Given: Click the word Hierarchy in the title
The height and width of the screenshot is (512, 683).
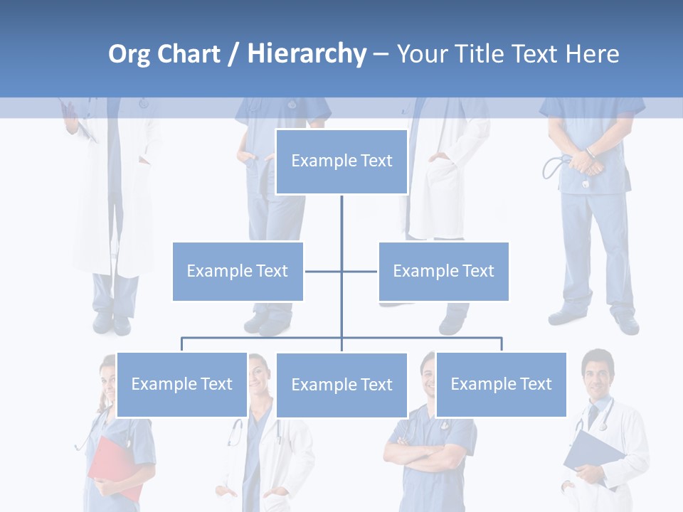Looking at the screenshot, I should coord(307,54).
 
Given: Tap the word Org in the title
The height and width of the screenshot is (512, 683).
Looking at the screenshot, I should coord(129,54).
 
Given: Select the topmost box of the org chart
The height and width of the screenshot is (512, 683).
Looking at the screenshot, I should coord(341,161).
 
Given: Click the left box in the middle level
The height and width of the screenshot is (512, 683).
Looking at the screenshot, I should coord(238,271).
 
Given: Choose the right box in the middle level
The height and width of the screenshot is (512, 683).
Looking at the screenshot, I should coord(443,271).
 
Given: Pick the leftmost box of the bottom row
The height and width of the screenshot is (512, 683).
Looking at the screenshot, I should coord(181,385).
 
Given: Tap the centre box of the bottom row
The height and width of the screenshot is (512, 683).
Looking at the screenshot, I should coord(341,385).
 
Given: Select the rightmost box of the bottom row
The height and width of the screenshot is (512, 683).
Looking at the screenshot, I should coord(501,385).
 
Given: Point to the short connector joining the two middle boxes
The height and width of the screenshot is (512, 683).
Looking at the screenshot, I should coord(324,271).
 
